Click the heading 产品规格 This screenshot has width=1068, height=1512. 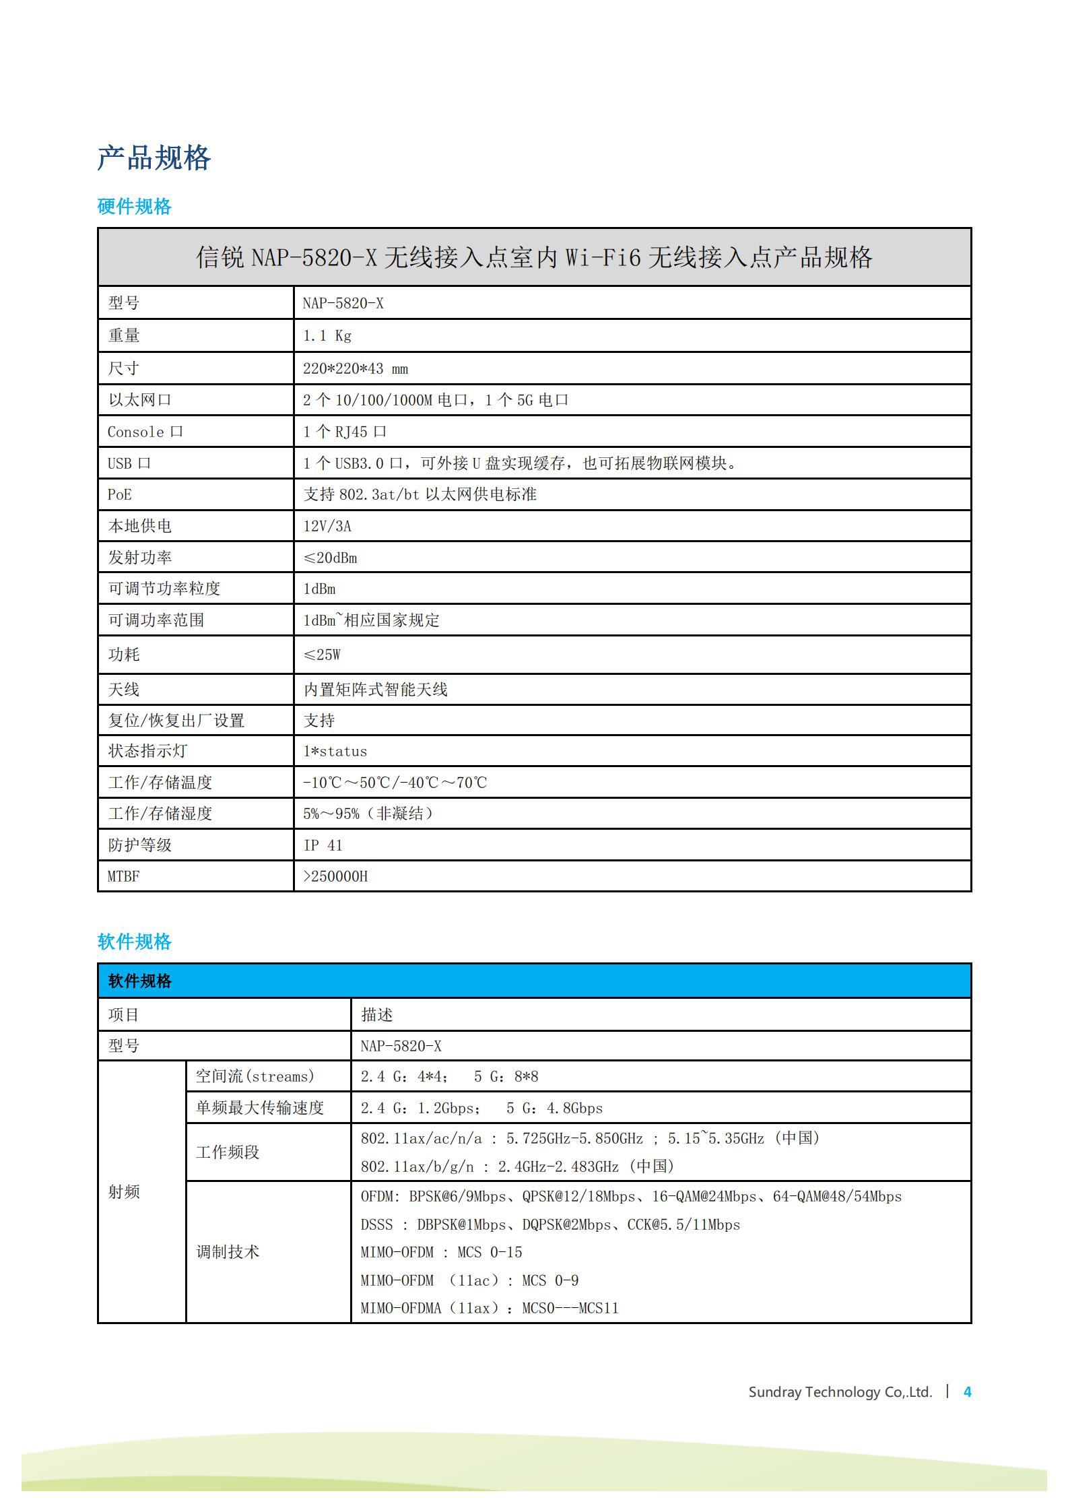point(154,158)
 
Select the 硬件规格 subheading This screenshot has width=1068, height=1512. point(134,207)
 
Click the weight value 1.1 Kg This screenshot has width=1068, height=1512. point(327,335)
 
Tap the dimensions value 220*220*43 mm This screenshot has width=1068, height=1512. point(355,368)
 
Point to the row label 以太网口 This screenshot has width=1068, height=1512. point(140,400)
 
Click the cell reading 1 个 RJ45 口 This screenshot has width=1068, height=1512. point(344,432)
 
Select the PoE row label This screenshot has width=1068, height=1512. point(120,494)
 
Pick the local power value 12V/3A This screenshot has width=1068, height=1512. point(327,526)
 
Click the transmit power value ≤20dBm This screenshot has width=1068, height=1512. point(330,558)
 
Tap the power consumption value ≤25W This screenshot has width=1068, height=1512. point(322,655)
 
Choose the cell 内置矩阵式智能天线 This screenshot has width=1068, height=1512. point(375,690)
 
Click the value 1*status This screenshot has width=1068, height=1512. point(335,751)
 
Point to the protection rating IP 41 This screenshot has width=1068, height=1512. point(323,845)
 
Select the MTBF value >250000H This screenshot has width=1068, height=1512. point(335,876)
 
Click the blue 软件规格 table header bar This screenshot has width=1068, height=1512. point(534,981)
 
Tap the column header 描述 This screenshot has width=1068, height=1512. point(376,1015)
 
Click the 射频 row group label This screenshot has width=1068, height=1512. point(124,1191)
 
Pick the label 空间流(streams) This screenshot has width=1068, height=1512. point(255,1076)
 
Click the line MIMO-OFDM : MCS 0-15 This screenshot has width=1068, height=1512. point(441,1252)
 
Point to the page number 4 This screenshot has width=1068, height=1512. point(967,1392)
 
